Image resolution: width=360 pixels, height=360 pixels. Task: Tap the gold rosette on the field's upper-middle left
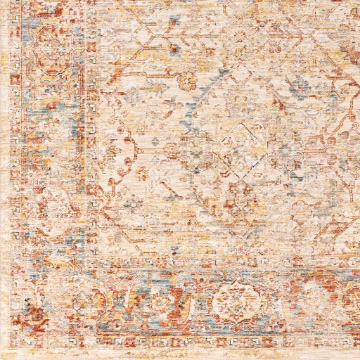[x=186, y=81]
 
